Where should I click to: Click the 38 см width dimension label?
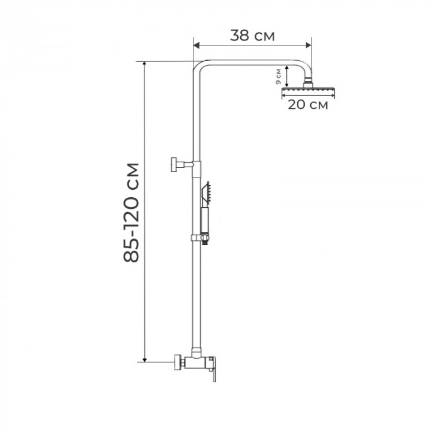[x=252, y=35]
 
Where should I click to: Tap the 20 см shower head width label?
[x=307, y=104]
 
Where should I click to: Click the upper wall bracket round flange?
[x=175, y=164]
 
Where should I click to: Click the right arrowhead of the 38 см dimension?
[x=309, y=44]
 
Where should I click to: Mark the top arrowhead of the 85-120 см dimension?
[x=145, y=64]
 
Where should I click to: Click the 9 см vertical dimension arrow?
[x=287, y=77]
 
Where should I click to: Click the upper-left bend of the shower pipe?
[x=200, y=66]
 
